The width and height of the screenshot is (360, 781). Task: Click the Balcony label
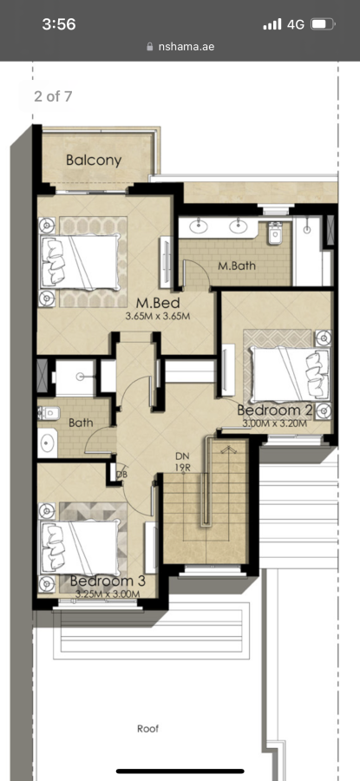[94, 161]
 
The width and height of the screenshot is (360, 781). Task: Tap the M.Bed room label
[158, 303]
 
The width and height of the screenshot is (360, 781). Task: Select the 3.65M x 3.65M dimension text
[158, 316]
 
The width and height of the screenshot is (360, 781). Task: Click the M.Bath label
[237, 266]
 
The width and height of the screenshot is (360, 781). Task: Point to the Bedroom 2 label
[275, 410]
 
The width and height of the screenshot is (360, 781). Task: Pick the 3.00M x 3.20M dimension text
[275, 423]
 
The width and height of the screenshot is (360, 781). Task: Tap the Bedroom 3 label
[108, 581]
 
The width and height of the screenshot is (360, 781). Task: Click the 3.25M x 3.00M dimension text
[108, 594]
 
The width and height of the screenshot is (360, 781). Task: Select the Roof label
[147, 729]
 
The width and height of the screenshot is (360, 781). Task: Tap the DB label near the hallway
[121, 474]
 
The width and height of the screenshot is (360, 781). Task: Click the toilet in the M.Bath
[275, 233]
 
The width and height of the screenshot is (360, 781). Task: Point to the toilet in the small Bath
[49, 413]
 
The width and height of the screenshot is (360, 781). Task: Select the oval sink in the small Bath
[48, 443]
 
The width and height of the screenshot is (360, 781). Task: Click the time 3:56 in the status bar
[59, 24]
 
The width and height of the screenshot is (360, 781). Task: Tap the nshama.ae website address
[187, 47]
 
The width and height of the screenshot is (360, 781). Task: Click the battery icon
[323, 24]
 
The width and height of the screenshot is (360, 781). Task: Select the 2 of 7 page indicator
[53, 96]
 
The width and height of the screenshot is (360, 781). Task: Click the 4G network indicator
[296, 24]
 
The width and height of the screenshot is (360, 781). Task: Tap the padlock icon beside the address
[150, 47]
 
